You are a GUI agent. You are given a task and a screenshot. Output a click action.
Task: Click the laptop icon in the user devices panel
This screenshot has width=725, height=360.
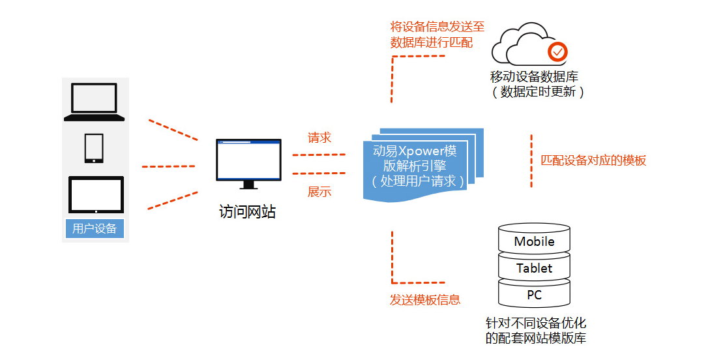[95, 102]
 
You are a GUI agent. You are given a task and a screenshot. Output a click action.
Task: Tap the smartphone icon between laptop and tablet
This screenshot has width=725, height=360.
[94, 148]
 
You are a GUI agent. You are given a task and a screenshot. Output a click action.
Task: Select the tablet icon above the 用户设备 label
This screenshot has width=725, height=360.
[96, 194]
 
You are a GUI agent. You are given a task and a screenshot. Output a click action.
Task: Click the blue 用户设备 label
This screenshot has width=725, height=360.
[95, 228]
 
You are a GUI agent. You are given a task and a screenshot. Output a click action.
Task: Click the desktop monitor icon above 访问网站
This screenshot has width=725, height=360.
[249, 164]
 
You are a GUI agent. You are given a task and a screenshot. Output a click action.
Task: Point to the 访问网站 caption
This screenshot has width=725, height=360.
[247, 212]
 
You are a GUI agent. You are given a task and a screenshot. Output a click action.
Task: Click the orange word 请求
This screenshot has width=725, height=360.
[319, 138]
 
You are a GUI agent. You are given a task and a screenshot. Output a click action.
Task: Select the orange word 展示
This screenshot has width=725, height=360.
[319, 192]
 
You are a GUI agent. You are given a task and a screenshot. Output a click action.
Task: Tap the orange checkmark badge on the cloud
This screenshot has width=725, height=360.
[557, 52]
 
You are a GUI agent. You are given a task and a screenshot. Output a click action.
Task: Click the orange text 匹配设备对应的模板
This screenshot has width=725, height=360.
[593, 160]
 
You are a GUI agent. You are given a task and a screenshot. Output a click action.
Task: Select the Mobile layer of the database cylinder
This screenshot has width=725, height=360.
[534, 241]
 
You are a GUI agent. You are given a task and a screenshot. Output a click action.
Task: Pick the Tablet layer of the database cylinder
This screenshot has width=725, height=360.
[534, 268]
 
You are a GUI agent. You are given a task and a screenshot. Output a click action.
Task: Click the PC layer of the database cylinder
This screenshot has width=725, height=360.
[534, 295]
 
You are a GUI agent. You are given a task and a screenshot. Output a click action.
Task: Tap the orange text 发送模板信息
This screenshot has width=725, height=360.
[425, 299]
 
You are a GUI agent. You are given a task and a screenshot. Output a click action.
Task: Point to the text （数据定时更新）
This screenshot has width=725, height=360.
[537, 91]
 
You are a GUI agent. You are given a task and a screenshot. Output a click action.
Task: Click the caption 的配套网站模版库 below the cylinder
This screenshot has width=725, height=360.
[536, 338]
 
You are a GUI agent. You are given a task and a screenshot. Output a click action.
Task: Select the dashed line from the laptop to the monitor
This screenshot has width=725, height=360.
[173, 130]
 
